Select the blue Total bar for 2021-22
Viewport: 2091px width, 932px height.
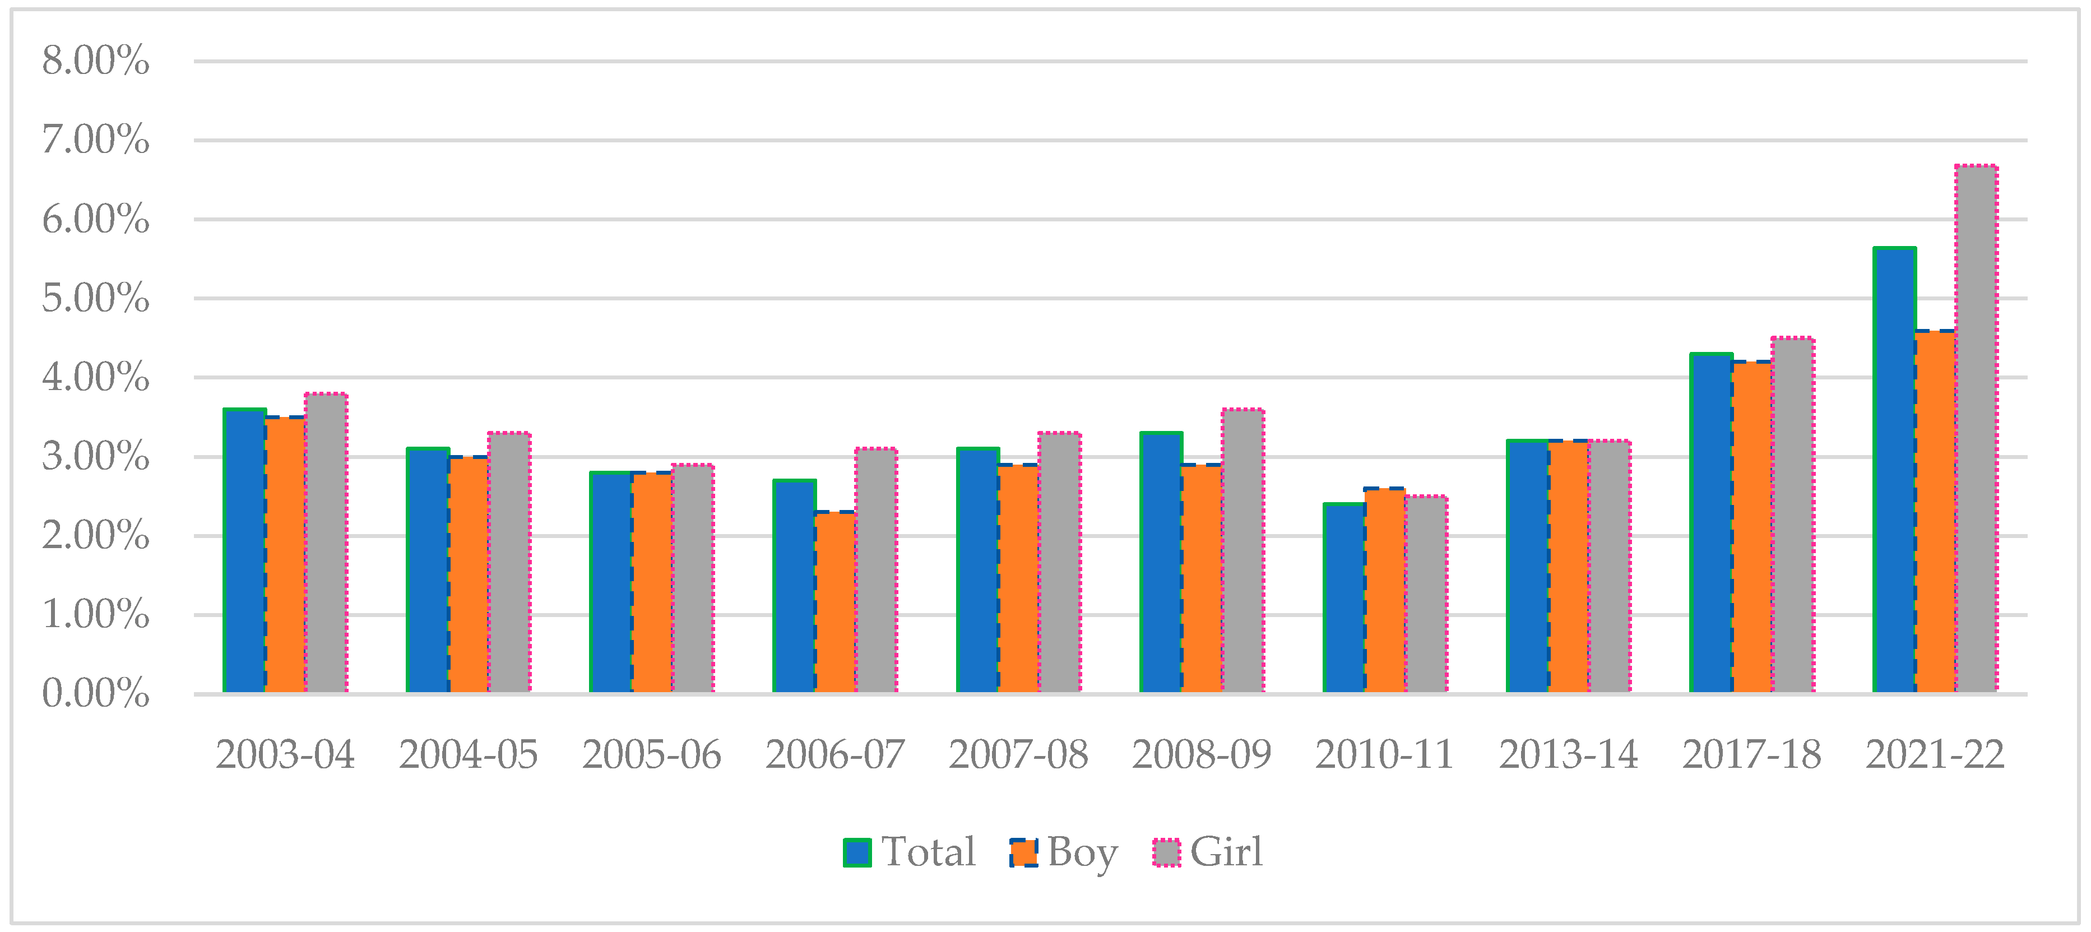coord(1894,470)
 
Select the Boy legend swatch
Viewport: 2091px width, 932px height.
coord(1023,852)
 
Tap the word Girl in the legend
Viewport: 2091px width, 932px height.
coord(1226,852)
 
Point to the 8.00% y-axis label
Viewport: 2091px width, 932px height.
coord(96,61)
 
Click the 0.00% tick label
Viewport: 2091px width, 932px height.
coord(96,694)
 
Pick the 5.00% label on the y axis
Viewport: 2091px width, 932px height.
coord(96,299)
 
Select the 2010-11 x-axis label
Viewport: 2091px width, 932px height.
coord(1385,755)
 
